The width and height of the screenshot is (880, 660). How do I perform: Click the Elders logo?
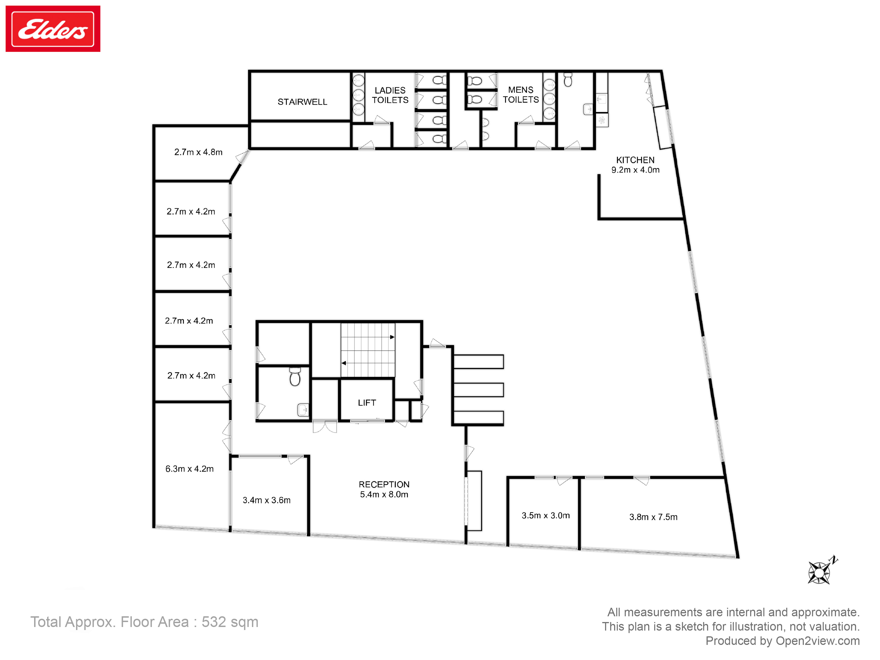point(53,29)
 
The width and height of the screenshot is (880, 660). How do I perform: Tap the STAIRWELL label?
point(302,102)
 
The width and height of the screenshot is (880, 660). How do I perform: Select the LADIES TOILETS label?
point(390,95)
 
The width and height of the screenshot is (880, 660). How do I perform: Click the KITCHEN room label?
point(635,160)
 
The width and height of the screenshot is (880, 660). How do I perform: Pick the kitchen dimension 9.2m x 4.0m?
point(635,170)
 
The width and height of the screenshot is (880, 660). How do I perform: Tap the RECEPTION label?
point(384,484)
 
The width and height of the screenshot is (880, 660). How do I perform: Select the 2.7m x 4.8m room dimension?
point(198,152)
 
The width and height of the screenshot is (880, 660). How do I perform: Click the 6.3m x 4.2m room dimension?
point(189,469)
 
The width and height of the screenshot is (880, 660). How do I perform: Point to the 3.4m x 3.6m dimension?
point(266,500)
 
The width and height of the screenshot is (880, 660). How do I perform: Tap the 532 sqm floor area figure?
point(230,622)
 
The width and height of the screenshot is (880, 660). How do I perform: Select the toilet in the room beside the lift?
point(295,376)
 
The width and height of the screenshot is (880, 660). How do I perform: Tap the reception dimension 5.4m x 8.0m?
point(384,494)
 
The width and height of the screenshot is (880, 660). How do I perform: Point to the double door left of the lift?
point(324,427)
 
